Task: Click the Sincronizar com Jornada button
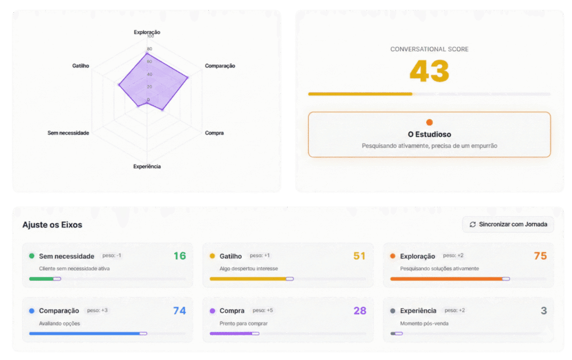point(508,224)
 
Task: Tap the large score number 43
point(429,71)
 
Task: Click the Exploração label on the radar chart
point(147,32)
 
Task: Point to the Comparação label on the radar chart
point(220,66)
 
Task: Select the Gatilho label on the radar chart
point(80,66)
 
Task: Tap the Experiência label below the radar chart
point(147,167)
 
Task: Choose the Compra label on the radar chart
point(214,133)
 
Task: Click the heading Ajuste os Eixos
point(52,225)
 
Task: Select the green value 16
point(179,256)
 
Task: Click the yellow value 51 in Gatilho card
point(359,256)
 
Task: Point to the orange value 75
point(540,256)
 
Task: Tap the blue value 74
point(179,311)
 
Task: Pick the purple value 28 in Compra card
point(360,311)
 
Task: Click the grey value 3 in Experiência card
point(544,311)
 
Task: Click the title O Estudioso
point(429,135)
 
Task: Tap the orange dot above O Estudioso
point(429,122)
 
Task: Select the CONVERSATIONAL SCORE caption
point(429,49)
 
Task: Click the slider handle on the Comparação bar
point(144,333)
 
